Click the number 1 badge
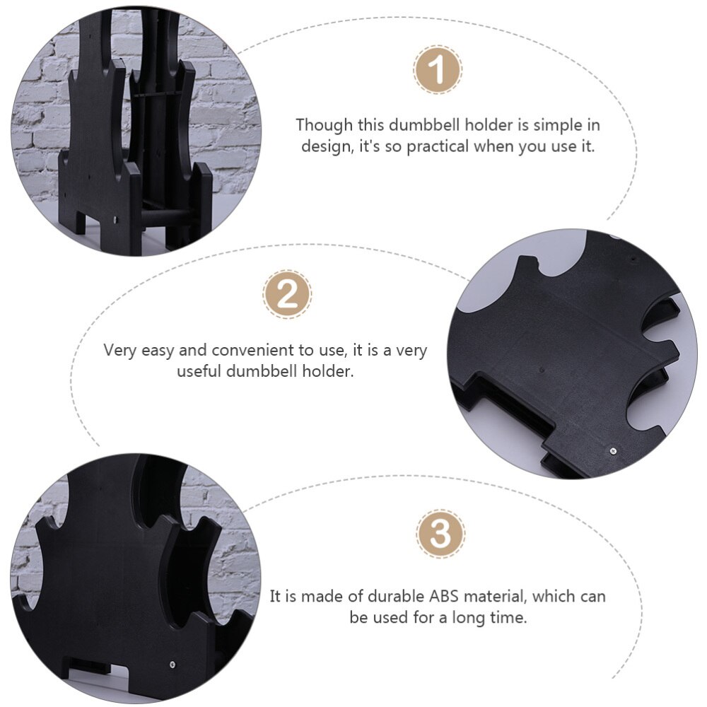(438, 71)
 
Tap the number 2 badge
(287, 295)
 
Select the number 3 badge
(440, 535)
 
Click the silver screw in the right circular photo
(612, 449)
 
